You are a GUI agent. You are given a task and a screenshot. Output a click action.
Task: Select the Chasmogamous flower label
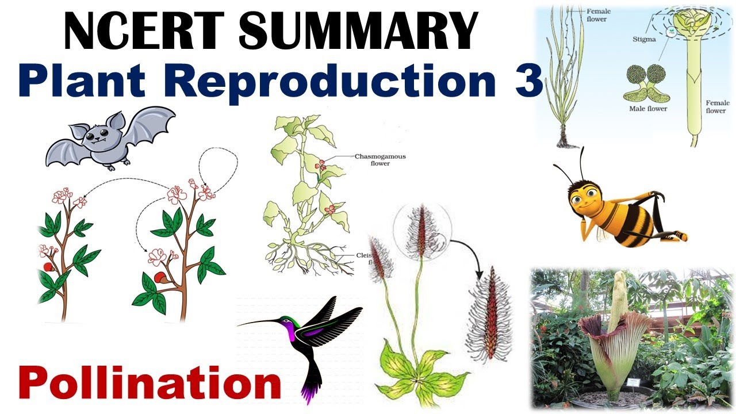click(x=372, y=159)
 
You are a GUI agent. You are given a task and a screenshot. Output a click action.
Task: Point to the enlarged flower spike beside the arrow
click(x=490, y=313)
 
